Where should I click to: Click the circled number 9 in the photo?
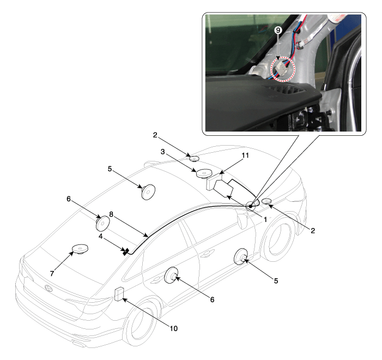[x=278, y=30]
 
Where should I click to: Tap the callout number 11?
[x=245, y=155]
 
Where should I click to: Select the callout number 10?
[x=173, y=328]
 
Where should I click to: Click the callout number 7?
[x=52, y=274]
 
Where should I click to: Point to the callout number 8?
[x=111, y=214]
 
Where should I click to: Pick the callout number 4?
[x=100, y=236]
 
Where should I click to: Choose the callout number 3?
[x=162, y=152]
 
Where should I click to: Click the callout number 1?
[x=265, y=219]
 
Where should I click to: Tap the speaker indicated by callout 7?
[x=80, y=249]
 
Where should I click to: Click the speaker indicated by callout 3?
[x=204, y=173]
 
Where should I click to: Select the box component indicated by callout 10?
[x=119, y=294]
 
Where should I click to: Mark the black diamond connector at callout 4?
[x=126, y=251]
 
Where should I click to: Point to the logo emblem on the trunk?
[x=48, y=288]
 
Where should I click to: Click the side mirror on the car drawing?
[x=243, y=220]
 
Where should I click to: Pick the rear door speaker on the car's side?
[x=171, y=275]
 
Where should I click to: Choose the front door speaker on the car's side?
[x=241, y=256]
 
